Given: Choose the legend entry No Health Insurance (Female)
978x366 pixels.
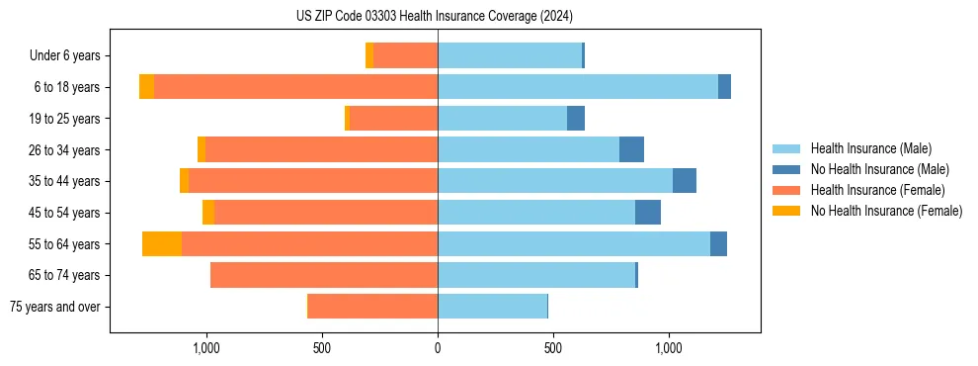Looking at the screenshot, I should (886, 211).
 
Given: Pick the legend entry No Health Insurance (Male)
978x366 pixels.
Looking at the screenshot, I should (879, 169).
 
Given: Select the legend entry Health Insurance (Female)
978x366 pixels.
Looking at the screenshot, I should (877, 190).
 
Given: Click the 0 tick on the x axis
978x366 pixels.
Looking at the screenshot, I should (438, 348).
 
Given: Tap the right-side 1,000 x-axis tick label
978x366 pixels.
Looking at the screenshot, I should (669, 348).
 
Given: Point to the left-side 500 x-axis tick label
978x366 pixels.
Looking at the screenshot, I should (322, 348).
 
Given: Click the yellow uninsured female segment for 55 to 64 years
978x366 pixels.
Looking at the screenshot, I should (162, 244).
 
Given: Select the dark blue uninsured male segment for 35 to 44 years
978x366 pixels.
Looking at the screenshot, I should (685, 181).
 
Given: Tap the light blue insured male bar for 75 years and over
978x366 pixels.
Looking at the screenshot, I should (492, 307).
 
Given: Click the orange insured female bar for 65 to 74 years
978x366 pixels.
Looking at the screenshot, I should (324, 275).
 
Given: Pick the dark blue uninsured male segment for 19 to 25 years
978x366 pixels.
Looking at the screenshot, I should (576, 119).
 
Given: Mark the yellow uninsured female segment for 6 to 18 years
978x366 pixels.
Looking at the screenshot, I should (146, 87).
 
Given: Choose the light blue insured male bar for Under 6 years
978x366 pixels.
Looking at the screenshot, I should (510, 56).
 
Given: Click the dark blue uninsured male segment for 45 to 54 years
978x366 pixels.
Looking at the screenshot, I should (648, 213).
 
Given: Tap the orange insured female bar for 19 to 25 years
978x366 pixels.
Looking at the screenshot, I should (394, 119).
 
